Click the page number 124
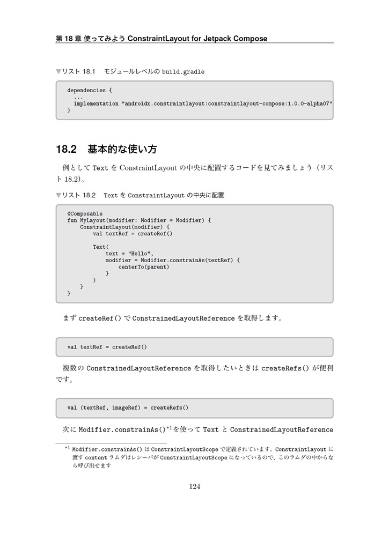tap(194, 486)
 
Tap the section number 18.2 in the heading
tap(67, 149)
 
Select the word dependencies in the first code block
tap(86, 91)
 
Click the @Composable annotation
tap(85, 213)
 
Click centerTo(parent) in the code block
tap(144, 266)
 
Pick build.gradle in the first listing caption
tap(183, 72)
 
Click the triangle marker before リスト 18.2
tap(58, 195)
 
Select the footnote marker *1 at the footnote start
tap(68, 448)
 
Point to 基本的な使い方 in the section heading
tap(122, 149)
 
